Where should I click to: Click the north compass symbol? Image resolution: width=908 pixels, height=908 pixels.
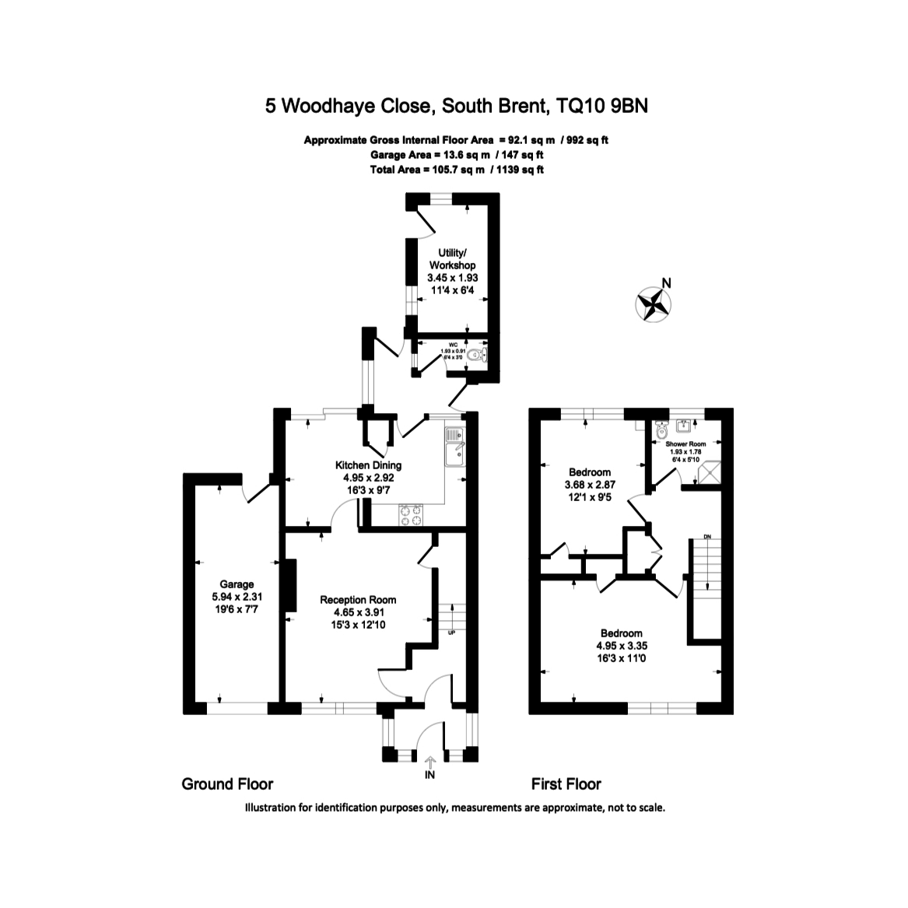point(654,303)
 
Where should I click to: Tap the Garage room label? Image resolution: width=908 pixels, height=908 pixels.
point(237,584)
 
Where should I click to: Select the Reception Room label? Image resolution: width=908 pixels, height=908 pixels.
point(358,600)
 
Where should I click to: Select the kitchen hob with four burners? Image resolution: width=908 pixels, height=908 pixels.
point(411,514)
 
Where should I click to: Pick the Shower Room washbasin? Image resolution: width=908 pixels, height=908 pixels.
point(685,426)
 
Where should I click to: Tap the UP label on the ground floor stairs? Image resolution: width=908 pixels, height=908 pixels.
point(451,632)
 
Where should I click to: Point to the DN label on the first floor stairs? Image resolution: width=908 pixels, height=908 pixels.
point(706,536)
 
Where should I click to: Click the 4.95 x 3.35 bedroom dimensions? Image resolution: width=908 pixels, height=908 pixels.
point(620,645)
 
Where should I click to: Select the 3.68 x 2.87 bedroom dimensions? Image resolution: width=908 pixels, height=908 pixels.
point(590,484)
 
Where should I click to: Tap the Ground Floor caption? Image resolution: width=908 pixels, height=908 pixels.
point(227,784)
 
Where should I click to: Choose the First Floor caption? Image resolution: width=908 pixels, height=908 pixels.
point(566,784)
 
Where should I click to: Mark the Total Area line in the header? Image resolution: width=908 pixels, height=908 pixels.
point(457,169)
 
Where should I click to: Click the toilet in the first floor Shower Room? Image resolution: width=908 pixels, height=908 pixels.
point(662,429)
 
